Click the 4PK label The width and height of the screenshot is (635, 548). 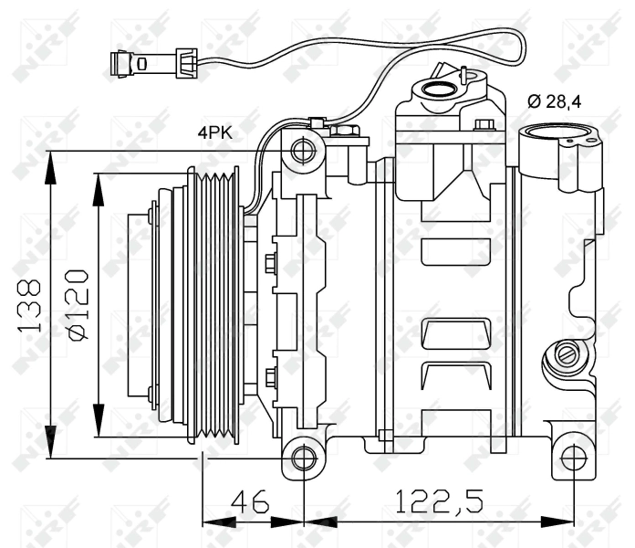pyautogui.click(x=215, y=132)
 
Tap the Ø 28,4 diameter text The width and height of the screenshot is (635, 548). pyautogui.click(x=557, y=100)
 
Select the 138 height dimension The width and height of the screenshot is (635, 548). pyautogui.click(x=30, y=303)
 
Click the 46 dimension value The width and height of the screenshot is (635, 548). pyautogui.click(x=249, y=501)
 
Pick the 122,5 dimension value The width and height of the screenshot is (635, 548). pyautogui.click(x=436, y=501)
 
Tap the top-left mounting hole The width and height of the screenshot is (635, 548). pyautogui.click(x=303, y=148)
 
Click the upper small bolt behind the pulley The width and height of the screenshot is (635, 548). pyautogui.click(x=270, y=265)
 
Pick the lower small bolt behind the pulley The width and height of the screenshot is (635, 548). pyautogui.click(x=270, y=375)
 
